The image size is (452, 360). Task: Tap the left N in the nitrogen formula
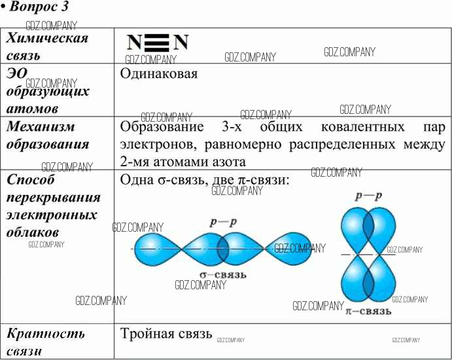pyautogui.click(x=134, y=43)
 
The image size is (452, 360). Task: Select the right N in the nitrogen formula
pyautogui.click(x=181, y=43)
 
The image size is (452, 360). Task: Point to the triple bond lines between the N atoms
pyautogui.click(x=157, y=43)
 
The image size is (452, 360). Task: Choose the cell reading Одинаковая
pyautogui.click(x=159, y=73)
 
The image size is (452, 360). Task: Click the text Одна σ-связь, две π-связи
pyautogui.click(x=205, y=179)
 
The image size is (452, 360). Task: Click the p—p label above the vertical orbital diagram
pyautogui.click(x=368, y=196)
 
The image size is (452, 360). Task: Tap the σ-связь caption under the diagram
pyautogui.click(x=223, y=274)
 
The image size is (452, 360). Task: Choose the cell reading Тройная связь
pyautogui.click(x=166, y=334)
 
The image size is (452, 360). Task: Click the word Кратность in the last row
pyautogui.click(x=46, y=334)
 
